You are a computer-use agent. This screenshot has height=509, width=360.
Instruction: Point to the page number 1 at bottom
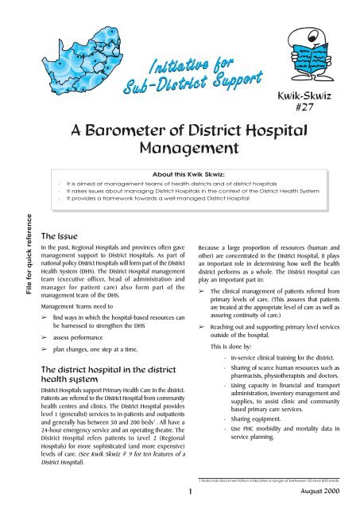point(180,493)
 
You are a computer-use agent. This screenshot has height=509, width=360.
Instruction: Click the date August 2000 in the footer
point(318,493)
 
